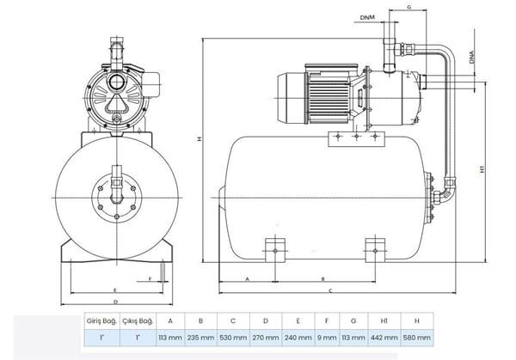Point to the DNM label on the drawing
pos(368,16)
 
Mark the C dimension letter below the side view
pos(330,290)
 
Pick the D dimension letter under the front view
pos(115,302)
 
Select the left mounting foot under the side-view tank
pos(275,249)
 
